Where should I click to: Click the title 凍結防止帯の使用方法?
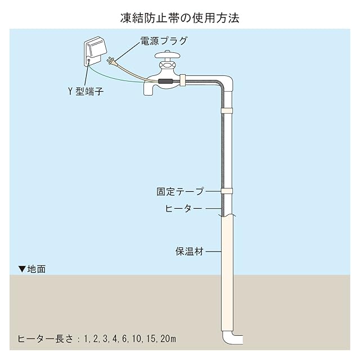click(180, 17)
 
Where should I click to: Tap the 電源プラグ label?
click(164, 41)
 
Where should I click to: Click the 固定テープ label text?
click(180, 192)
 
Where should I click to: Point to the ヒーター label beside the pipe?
click(183, 209)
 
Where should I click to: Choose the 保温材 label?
click(189, 251)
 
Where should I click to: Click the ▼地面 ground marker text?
click(32, 269)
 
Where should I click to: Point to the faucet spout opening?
click(148, 90)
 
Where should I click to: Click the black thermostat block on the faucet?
click(166, 83)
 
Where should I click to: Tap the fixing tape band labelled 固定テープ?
click(227, 191)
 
